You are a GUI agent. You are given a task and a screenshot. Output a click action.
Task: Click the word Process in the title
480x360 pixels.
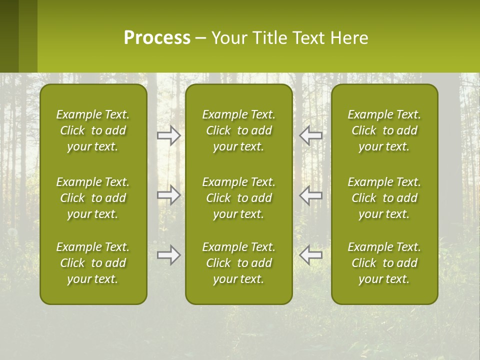coord(157,38)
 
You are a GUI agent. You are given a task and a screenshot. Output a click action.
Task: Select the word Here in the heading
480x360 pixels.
coord(349,38)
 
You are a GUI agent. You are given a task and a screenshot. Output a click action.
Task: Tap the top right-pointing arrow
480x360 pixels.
coord(168,135)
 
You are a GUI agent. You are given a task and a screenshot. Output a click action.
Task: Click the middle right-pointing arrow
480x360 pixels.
coord(168,195)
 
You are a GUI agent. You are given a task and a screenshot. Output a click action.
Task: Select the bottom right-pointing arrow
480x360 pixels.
coord(168,255)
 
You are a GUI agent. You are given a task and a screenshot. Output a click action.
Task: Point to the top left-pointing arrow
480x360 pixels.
coord(311,135)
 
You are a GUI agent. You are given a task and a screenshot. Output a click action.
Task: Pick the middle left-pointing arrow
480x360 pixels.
coord(311,195)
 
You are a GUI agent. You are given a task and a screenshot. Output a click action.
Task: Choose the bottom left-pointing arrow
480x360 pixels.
coord(311,255)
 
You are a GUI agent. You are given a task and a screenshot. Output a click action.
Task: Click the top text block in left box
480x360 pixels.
coord(93,130)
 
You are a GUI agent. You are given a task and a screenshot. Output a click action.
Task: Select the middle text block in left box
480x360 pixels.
coord(93,198)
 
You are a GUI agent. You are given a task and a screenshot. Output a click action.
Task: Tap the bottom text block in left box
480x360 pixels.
coord(93,263)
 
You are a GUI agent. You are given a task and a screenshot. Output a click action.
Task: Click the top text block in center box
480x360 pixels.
coord(238,130)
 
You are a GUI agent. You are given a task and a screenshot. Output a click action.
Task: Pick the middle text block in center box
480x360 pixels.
coord(238,198)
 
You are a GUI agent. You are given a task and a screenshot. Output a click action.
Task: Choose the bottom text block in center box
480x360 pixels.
coord(238,263)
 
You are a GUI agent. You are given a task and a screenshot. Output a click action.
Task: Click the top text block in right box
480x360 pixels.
coord(384,130)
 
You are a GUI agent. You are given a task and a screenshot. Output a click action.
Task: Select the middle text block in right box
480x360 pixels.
coord(384,198)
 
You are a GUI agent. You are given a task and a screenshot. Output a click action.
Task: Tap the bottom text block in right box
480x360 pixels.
coord(384,263)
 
